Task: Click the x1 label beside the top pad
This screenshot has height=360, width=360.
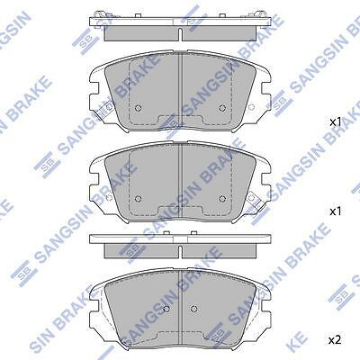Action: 335,121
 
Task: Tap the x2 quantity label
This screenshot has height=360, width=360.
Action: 335,339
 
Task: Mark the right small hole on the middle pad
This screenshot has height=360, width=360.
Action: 222,198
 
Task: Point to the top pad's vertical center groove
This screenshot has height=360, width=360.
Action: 180,90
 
